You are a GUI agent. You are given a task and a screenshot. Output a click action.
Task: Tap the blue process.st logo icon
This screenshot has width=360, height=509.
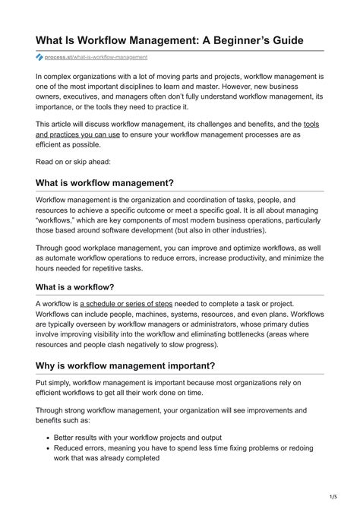(x=39, y=57)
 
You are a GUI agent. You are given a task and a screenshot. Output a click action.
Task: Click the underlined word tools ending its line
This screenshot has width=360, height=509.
(x=311, y=123)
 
